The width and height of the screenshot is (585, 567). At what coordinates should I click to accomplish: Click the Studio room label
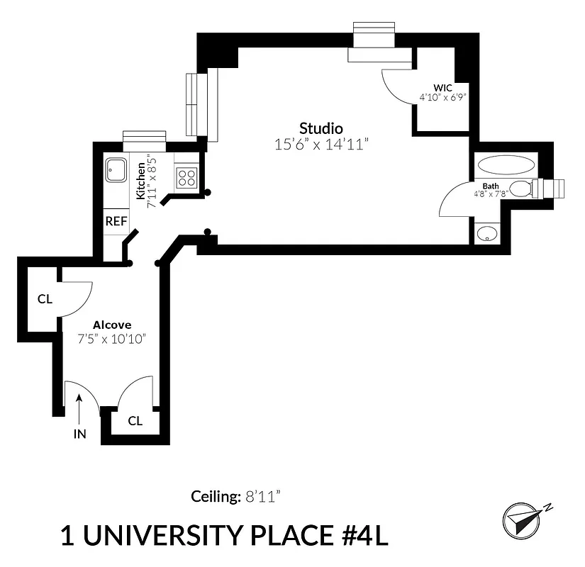pos(321,128)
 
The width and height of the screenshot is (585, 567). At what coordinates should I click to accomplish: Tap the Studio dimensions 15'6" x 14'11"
pos(322,145)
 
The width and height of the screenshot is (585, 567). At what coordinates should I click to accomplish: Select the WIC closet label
pos(442,89)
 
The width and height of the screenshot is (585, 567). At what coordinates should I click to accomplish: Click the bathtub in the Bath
pos(506,166)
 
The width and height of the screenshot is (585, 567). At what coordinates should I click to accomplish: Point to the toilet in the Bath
pos(523,189)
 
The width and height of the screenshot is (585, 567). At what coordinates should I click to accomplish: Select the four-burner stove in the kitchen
pos(186,177)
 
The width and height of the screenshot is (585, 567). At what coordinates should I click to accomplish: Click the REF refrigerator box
pos(116,221)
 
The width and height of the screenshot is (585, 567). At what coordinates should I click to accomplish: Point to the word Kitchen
pos(140,181)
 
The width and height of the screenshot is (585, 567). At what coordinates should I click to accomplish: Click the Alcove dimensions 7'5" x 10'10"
pos(112,339)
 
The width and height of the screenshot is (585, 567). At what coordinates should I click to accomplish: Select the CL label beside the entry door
pos(135,421)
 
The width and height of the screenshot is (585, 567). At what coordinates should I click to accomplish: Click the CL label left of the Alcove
pos(45,299)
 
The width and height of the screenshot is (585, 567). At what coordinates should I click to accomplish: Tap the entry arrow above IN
pos(79,408)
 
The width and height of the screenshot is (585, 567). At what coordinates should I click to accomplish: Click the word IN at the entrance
pos(79,434)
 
